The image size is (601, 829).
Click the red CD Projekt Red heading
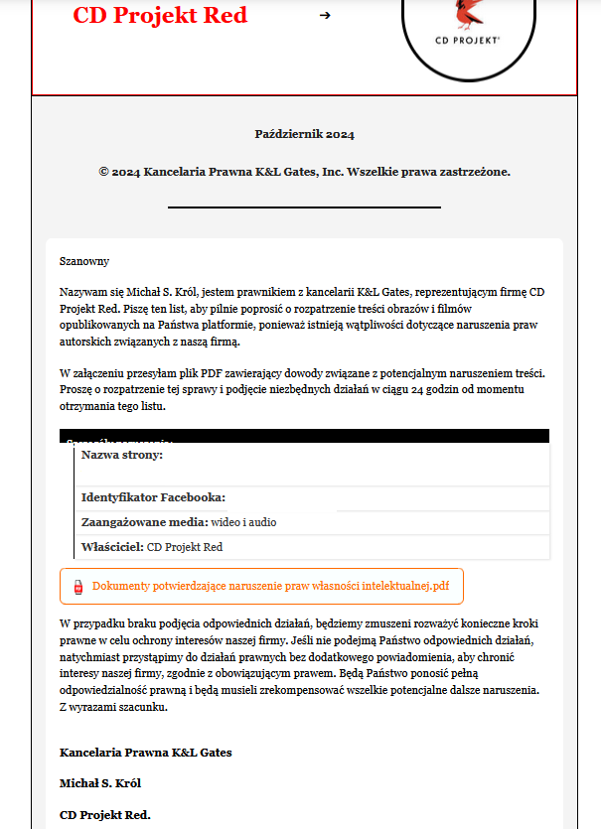coord(160,16)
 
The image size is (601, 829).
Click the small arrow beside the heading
coord(325,16)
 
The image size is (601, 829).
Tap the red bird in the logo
coord(467,13)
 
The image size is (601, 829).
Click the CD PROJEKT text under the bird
coord(468,42)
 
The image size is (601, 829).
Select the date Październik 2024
coord(304,134)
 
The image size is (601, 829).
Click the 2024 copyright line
coord(304,172)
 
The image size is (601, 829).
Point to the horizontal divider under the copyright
coord(304,207)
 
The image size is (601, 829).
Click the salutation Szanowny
coord(84,261)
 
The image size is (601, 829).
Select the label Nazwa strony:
coord(122,454)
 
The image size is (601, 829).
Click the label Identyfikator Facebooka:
coord(153,497)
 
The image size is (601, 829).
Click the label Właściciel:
coord(112,547)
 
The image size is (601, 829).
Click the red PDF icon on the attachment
coord(78,587)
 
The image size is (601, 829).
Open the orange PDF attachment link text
coord(270,587)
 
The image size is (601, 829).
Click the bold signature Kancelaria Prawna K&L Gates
coord(146,753)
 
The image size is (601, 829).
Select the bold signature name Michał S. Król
coord(100,783)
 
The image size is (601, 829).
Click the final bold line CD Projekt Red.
coord(105,815)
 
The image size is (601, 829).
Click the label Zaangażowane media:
coord(144,522)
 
